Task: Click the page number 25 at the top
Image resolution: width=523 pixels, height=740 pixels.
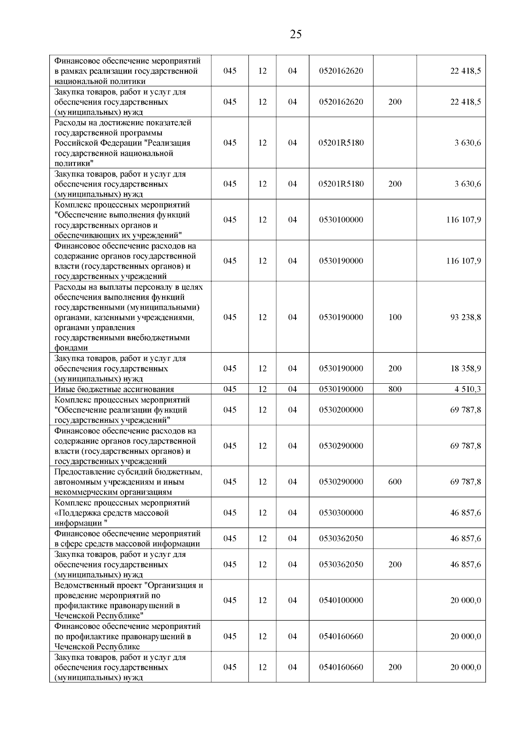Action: coord(295,34)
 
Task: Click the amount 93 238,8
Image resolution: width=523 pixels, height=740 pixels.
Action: coord(465,317)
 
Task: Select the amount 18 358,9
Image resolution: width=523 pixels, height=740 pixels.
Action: coord(465,368)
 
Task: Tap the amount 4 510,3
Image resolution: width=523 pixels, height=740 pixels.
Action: coord(468,389)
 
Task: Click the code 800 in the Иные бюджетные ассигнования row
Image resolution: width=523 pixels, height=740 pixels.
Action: coord(395,389)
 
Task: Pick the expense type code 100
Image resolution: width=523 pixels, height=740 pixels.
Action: coord(395,317)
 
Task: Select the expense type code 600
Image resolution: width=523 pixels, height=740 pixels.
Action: coord(395,482)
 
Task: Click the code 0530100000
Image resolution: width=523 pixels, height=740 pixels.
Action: coord(341,220)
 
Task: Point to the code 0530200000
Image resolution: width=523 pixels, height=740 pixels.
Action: coord(341,410)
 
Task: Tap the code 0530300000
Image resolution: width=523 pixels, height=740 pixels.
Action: coord(341,513)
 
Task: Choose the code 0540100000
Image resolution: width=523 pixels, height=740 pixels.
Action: coord(341,600)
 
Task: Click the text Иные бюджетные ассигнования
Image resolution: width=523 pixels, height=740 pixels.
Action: coord(114,389)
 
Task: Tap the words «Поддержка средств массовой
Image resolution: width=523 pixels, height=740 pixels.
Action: coord(112,513)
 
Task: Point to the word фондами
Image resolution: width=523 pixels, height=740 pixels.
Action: coord(71,348)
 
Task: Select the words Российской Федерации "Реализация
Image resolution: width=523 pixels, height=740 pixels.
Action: coord(122,143)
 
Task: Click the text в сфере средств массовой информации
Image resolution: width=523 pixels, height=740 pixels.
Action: coord(127,544)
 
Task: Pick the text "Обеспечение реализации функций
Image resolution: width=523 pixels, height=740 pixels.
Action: coord(121,410)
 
